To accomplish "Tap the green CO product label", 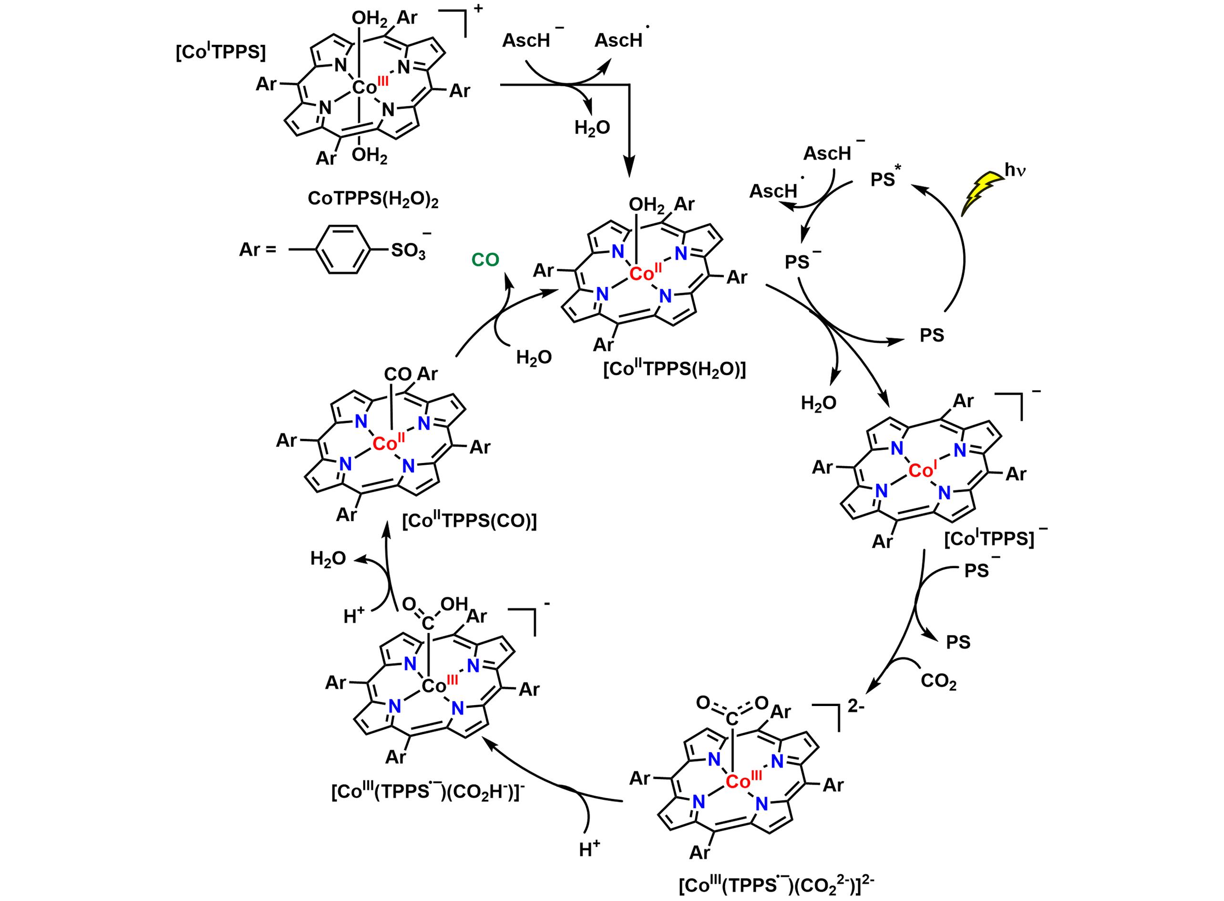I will [485, 261].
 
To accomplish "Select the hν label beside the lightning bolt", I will [1016, 171].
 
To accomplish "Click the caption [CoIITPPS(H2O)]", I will [674, 370].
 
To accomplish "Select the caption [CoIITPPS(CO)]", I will [469, 522].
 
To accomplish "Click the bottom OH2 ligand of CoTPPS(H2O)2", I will [369, 157].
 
